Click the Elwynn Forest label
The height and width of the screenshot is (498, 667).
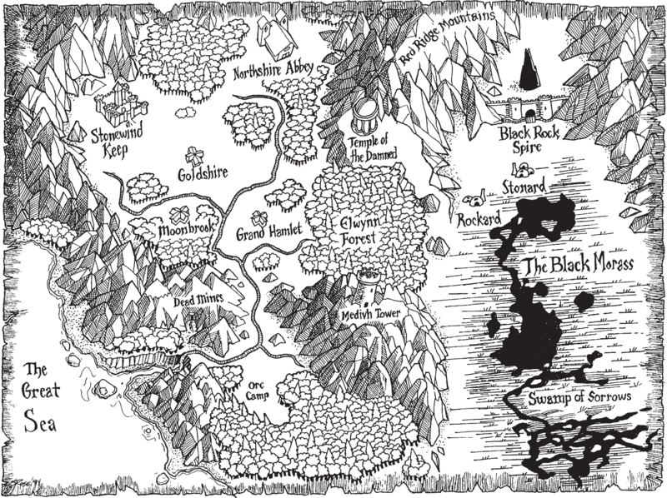[360, 232]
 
